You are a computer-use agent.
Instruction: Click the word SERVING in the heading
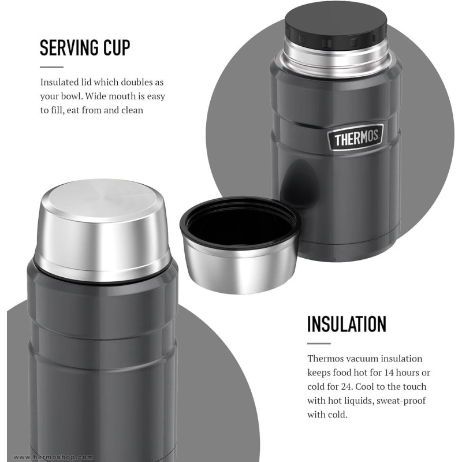click(69, 47)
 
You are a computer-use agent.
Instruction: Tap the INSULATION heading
click(346, 324)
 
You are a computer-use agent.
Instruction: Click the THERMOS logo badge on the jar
click(356, 137)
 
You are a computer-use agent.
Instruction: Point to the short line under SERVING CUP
click(51, 67)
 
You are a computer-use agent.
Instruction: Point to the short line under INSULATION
click(319, 343)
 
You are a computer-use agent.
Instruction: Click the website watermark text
click(53, 457)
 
